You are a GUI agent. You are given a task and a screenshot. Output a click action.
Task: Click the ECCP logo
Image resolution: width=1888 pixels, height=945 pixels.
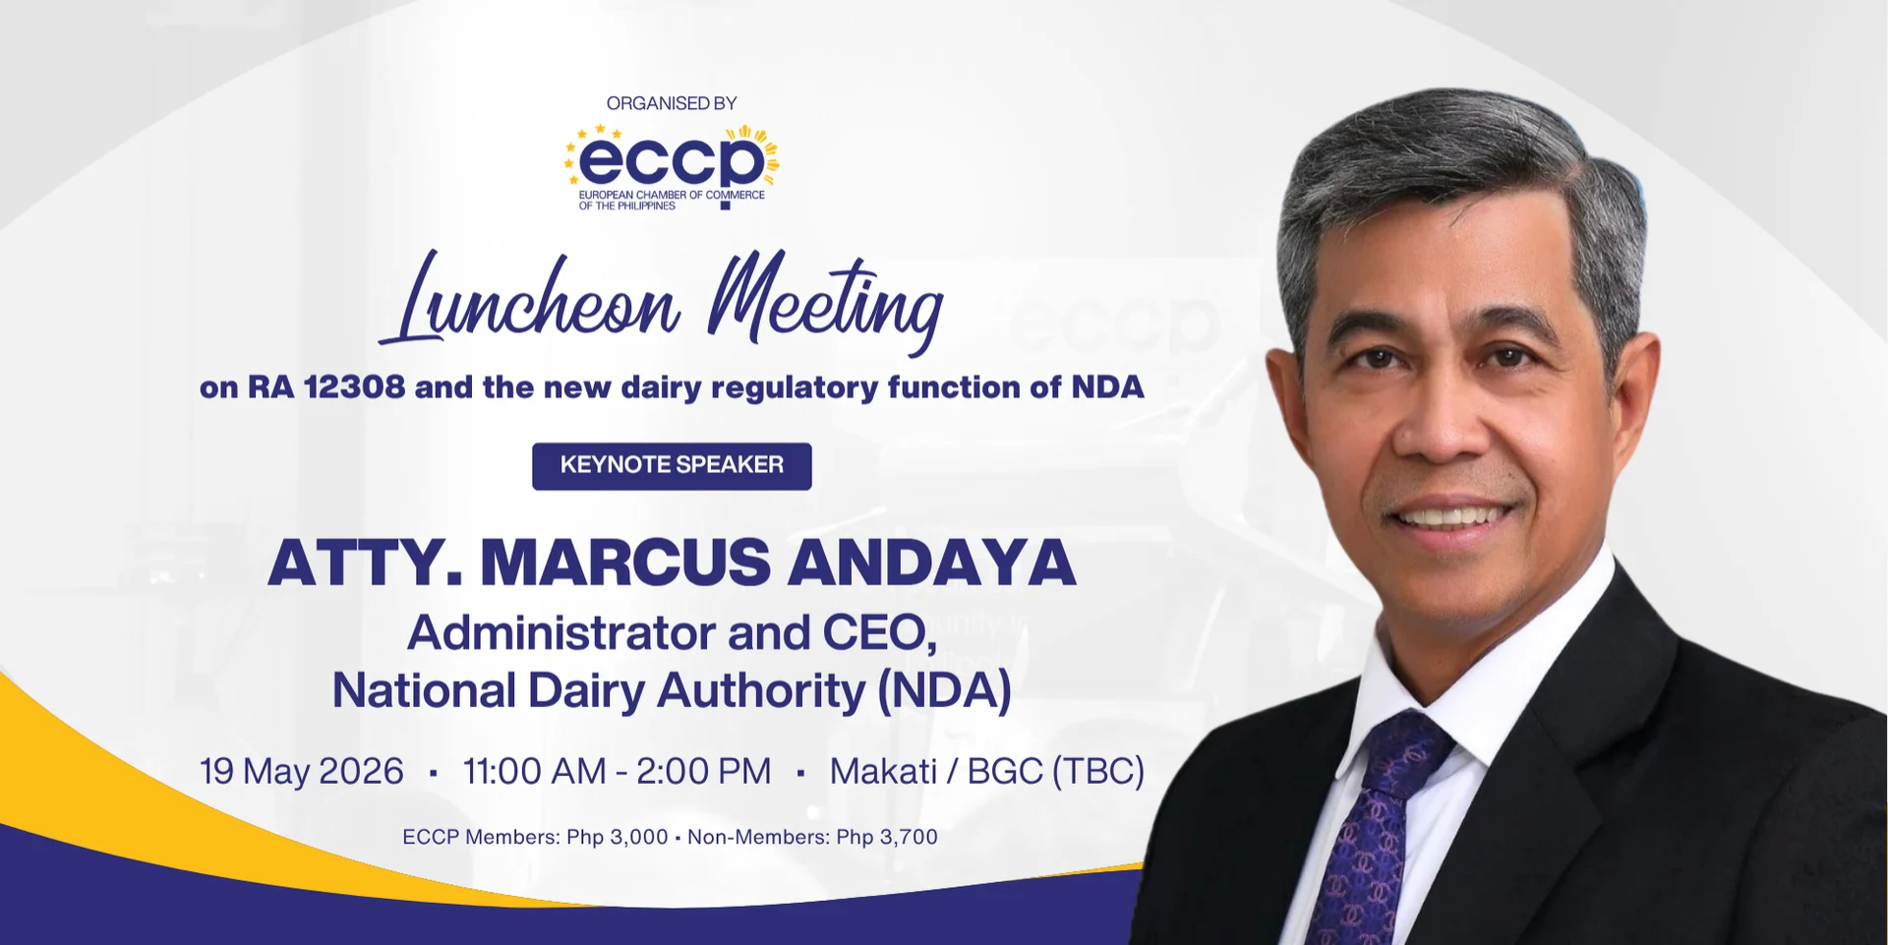pyautogui.click(x=672, y=167)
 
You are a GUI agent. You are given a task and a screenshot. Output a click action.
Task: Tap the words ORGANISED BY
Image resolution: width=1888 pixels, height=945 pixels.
pyautogui.click(x=672, y=103)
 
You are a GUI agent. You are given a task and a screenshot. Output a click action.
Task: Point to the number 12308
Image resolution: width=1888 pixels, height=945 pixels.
pyautogui.click(x=354, y=387)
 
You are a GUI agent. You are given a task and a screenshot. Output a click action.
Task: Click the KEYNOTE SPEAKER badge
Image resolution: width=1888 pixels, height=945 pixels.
pyautogui.click(x=672, y=465)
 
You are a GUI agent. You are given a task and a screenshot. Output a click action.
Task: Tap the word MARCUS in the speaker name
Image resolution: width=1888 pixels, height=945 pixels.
pyautogui.click(x=625, y=562)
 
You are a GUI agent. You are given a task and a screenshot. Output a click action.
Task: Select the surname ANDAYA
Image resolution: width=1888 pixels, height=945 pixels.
pyautogui.click(x=932, y=562)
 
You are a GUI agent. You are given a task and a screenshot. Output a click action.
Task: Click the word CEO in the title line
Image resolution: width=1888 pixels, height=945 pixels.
pyautogui.click(x=879, y=633)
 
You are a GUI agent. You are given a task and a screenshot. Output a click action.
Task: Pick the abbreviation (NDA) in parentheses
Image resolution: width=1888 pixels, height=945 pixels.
pyautogui.click(x=944, y=690)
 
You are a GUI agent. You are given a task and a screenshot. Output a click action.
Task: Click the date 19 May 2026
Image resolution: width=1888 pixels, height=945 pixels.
pyautogui.click(x=302, y=772)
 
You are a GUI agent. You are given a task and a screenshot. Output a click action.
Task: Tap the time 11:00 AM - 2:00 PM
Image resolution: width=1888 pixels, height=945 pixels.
pyautogui.click(x=618, y=772)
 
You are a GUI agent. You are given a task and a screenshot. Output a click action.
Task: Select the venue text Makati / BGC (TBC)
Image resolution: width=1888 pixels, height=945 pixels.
pyautogui.click(x=987, y=772)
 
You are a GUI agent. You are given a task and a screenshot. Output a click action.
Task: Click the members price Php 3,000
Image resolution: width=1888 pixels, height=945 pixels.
pyautogui.click(x=618, y=838)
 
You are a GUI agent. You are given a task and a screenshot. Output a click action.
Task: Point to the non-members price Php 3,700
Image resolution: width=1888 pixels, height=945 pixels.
pyautogui.click(x=887, y=838)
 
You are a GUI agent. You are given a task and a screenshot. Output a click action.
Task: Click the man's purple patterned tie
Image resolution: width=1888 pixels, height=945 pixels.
pyautogui.click(x=1372, y=826)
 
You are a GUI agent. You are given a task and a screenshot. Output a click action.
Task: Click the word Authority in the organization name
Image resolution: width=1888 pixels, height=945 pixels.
pyautogui.click(x=761, y=691)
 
